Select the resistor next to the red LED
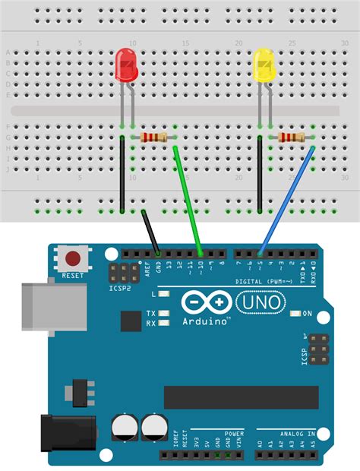[154, 138]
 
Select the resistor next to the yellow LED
[292, 138]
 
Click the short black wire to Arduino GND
[150, 232]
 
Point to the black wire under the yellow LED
[261, 175]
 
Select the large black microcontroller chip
[242, 397]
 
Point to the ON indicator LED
[295, 313]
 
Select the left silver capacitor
[124, 428]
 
